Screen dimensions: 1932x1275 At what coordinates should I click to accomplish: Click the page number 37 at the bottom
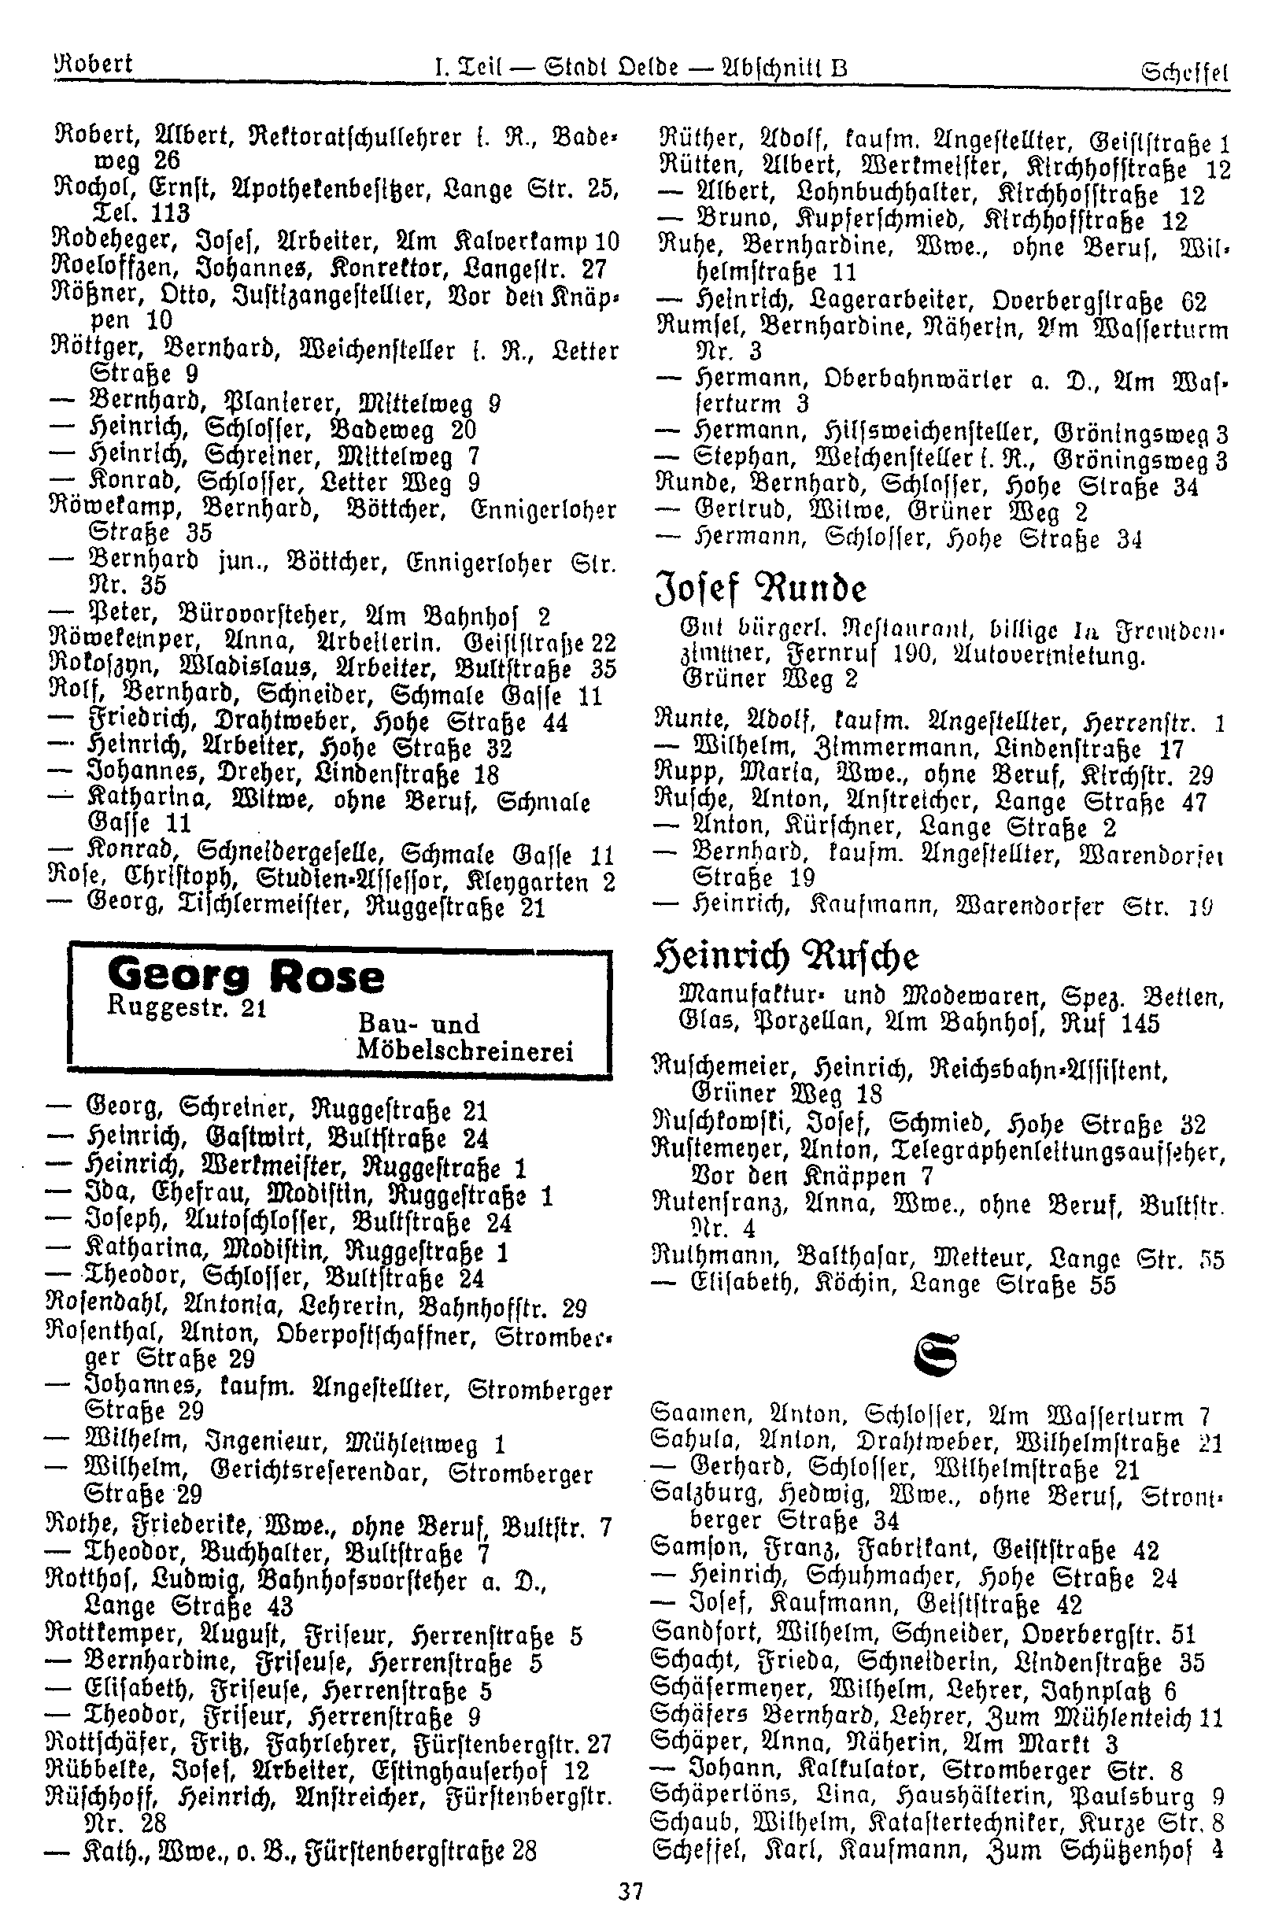click(631, 1892)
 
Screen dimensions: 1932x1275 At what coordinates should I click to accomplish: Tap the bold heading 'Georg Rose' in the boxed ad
click(245, 977)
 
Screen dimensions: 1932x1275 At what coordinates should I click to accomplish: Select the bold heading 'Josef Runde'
click(760, 589)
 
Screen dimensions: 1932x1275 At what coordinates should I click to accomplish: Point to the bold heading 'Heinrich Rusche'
click(786, 957)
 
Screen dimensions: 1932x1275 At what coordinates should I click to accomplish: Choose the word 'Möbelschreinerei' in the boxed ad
click(466, 1051)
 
